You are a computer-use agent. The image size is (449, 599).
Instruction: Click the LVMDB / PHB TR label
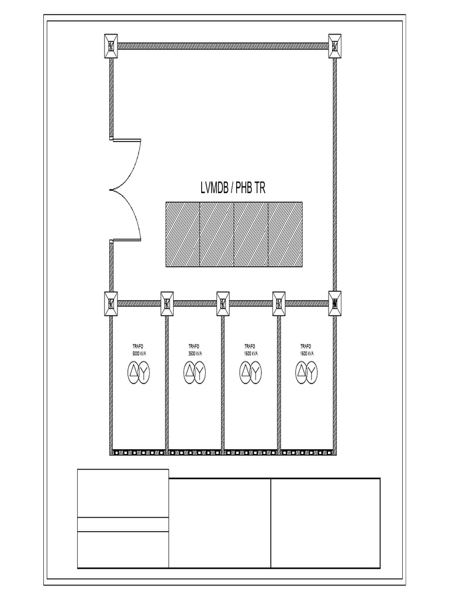pos(234,188)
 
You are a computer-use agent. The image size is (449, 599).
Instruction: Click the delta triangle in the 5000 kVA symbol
pos(133,371)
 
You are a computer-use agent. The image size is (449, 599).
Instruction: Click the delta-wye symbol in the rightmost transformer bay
pos(306,371)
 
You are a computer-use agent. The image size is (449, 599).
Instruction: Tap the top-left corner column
pos(111,46)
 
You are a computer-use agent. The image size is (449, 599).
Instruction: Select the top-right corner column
pos(334,46)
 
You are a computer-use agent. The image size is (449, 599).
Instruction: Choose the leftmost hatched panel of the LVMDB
pos(183,234)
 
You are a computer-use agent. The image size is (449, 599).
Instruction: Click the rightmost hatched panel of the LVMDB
pos(285,234)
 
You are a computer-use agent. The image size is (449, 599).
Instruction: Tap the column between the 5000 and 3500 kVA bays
pos(167,304)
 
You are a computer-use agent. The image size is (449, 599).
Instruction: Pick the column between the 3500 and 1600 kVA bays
pos(223,304)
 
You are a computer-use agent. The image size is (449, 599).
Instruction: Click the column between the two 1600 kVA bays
pos(279,304)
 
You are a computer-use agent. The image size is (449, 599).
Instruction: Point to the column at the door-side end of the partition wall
pos(111,304)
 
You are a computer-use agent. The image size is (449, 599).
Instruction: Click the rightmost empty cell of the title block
pos(325,523)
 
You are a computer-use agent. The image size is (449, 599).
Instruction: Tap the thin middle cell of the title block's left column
pos(123,524)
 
